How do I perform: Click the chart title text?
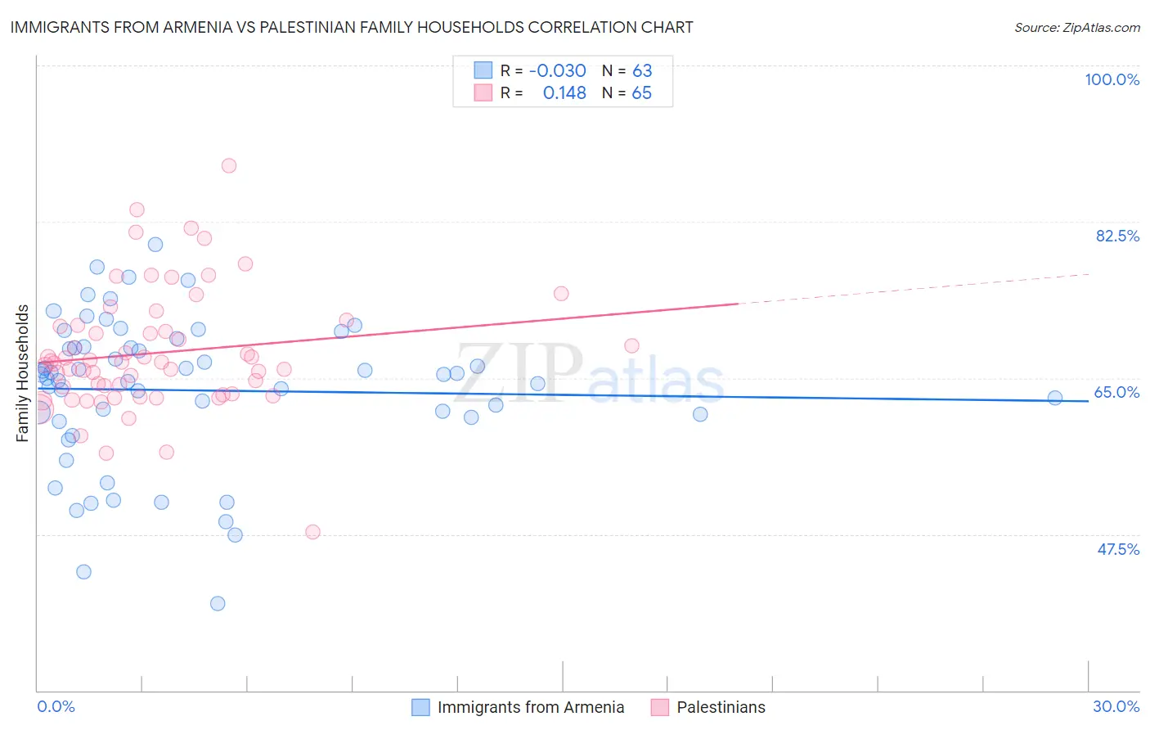352,27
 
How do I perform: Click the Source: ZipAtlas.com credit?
1076,28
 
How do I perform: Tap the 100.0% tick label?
1112,79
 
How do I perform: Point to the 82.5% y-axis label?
1116,236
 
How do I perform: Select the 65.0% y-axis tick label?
1116,392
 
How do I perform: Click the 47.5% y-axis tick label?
1117,549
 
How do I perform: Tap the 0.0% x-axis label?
56,706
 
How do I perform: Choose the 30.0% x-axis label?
1116,706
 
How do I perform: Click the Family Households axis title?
23,373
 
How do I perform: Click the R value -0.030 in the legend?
557,71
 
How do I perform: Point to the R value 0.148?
564,93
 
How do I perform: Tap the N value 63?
642,71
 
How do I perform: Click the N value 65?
642,93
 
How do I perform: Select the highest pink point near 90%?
229,165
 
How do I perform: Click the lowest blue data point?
218,603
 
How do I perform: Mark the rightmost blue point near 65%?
1055,398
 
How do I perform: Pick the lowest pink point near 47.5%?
312,532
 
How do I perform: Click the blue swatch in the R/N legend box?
483,71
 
